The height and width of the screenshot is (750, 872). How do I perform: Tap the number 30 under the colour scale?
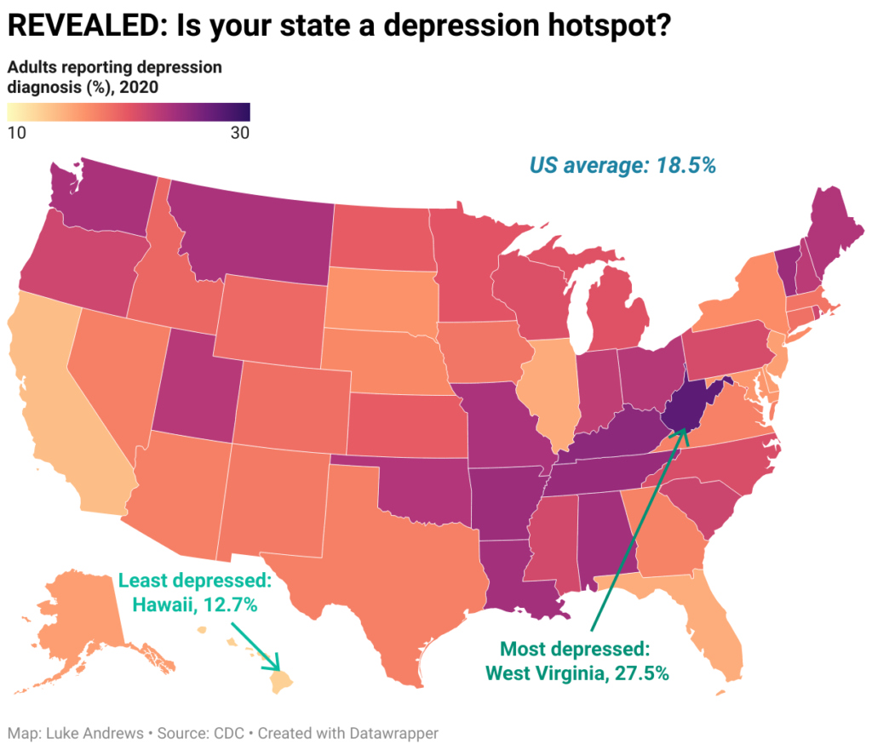point(239,133)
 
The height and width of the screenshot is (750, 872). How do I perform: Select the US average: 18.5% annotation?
point(622,165)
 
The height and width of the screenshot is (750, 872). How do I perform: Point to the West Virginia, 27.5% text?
point(577,673)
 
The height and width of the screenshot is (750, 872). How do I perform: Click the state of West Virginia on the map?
point(686,406)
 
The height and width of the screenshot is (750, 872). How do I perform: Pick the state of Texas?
point(383,562)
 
